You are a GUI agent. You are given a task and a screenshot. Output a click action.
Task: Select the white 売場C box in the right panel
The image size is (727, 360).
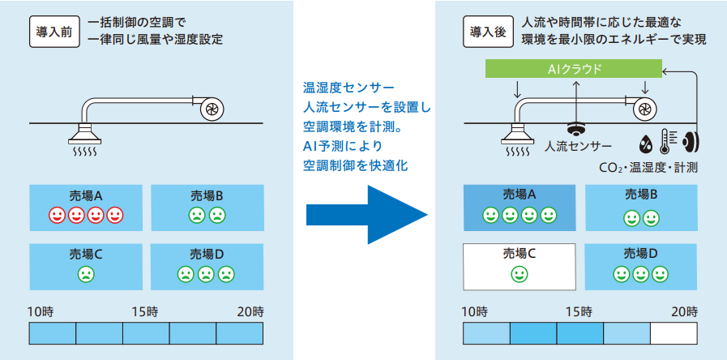click(x=520, y=266)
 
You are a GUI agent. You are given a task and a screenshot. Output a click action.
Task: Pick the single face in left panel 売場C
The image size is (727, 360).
click(x=85, y=274)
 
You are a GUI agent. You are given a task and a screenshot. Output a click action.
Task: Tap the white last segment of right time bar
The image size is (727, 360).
click(x=674, y=333)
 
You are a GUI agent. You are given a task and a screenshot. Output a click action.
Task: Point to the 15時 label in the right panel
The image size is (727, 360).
click(x=579, y=311)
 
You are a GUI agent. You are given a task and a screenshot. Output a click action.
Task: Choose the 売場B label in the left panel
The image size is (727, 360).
click(x=207, y=196)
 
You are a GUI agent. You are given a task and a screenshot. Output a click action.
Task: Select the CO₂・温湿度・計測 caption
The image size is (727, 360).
click(x=648, y=168)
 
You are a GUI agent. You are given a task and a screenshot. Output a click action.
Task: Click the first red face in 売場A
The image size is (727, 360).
click(x=57, y=216)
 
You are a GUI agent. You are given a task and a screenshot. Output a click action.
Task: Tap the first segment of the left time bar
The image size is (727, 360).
click(x=52, y=333)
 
